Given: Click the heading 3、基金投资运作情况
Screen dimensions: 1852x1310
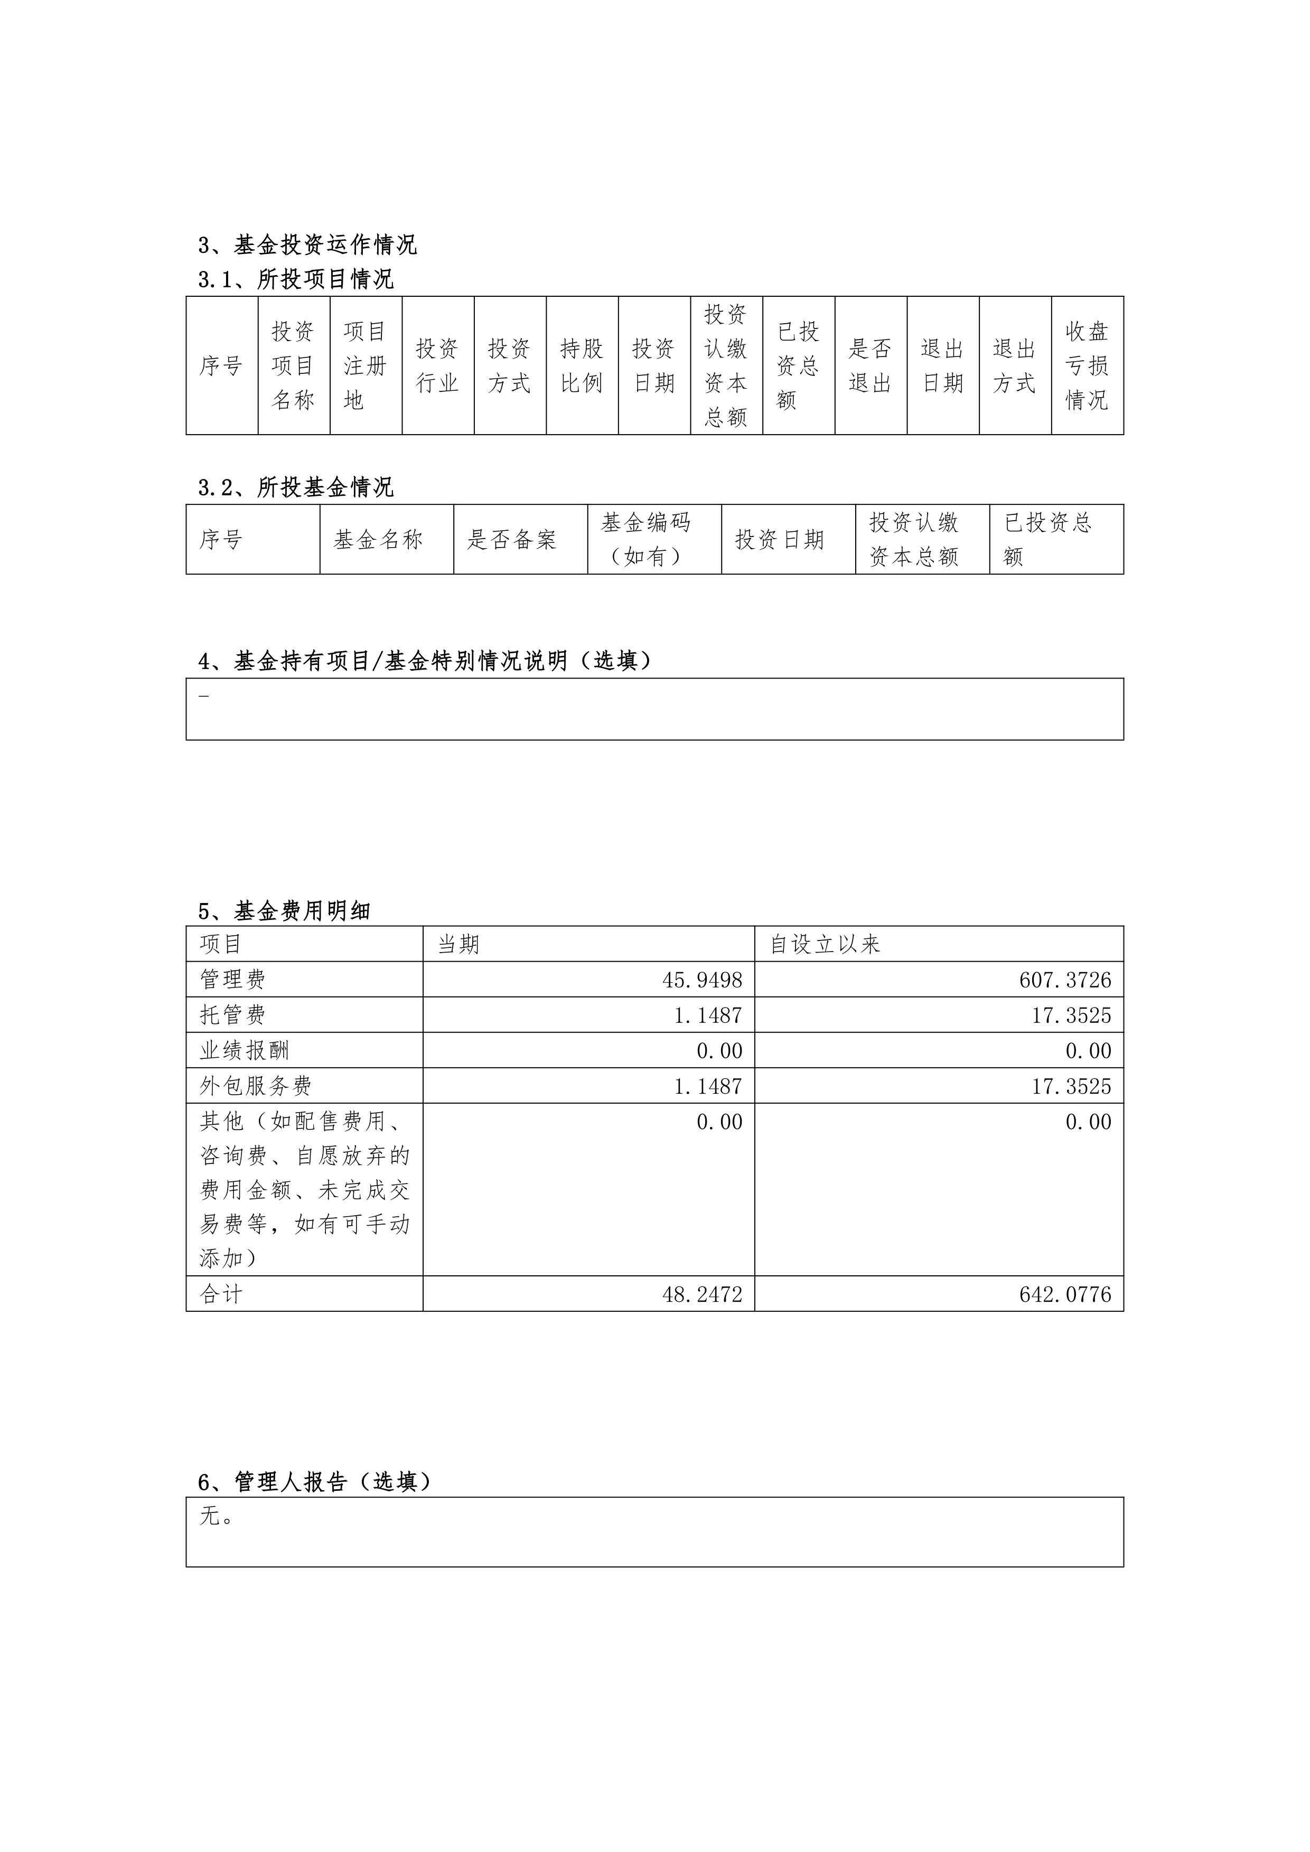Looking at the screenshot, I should pos(307,245).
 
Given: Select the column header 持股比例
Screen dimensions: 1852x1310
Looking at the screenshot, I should pos(582,365).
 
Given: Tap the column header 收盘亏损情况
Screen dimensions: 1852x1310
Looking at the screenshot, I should pos(1087,365).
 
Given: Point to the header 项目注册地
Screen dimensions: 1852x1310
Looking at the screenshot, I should pos(366,365).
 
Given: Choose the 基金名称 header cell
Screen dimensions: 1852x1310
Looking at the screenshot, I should pos(378,540).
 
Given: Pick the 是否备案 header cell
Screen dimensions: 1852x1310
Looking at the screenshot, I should pos(512,540).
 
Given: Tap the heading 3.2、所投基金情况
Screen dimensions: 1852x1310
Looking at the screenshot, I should pos(296,487).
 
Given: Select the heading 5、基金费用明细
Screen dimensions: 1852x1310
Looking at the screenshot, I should pos(284,911).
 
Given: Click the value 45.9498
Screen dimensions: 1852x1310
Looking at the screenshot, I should pos(702,980).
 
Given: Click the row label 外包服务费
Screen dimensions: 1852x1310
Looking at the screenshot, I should pos(256,1086).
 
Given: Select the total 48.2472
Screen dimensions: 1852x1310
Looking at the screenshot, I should pos(702,1295).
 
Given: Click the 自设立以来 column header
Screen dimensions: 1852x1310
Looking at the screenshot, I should pos(825,944).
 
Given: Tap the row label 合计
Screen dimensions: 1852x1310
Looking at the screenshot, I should pos(221,1295).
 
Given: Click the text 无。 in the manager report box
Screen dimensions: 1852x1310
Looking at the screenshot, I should pos(216,1517).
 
